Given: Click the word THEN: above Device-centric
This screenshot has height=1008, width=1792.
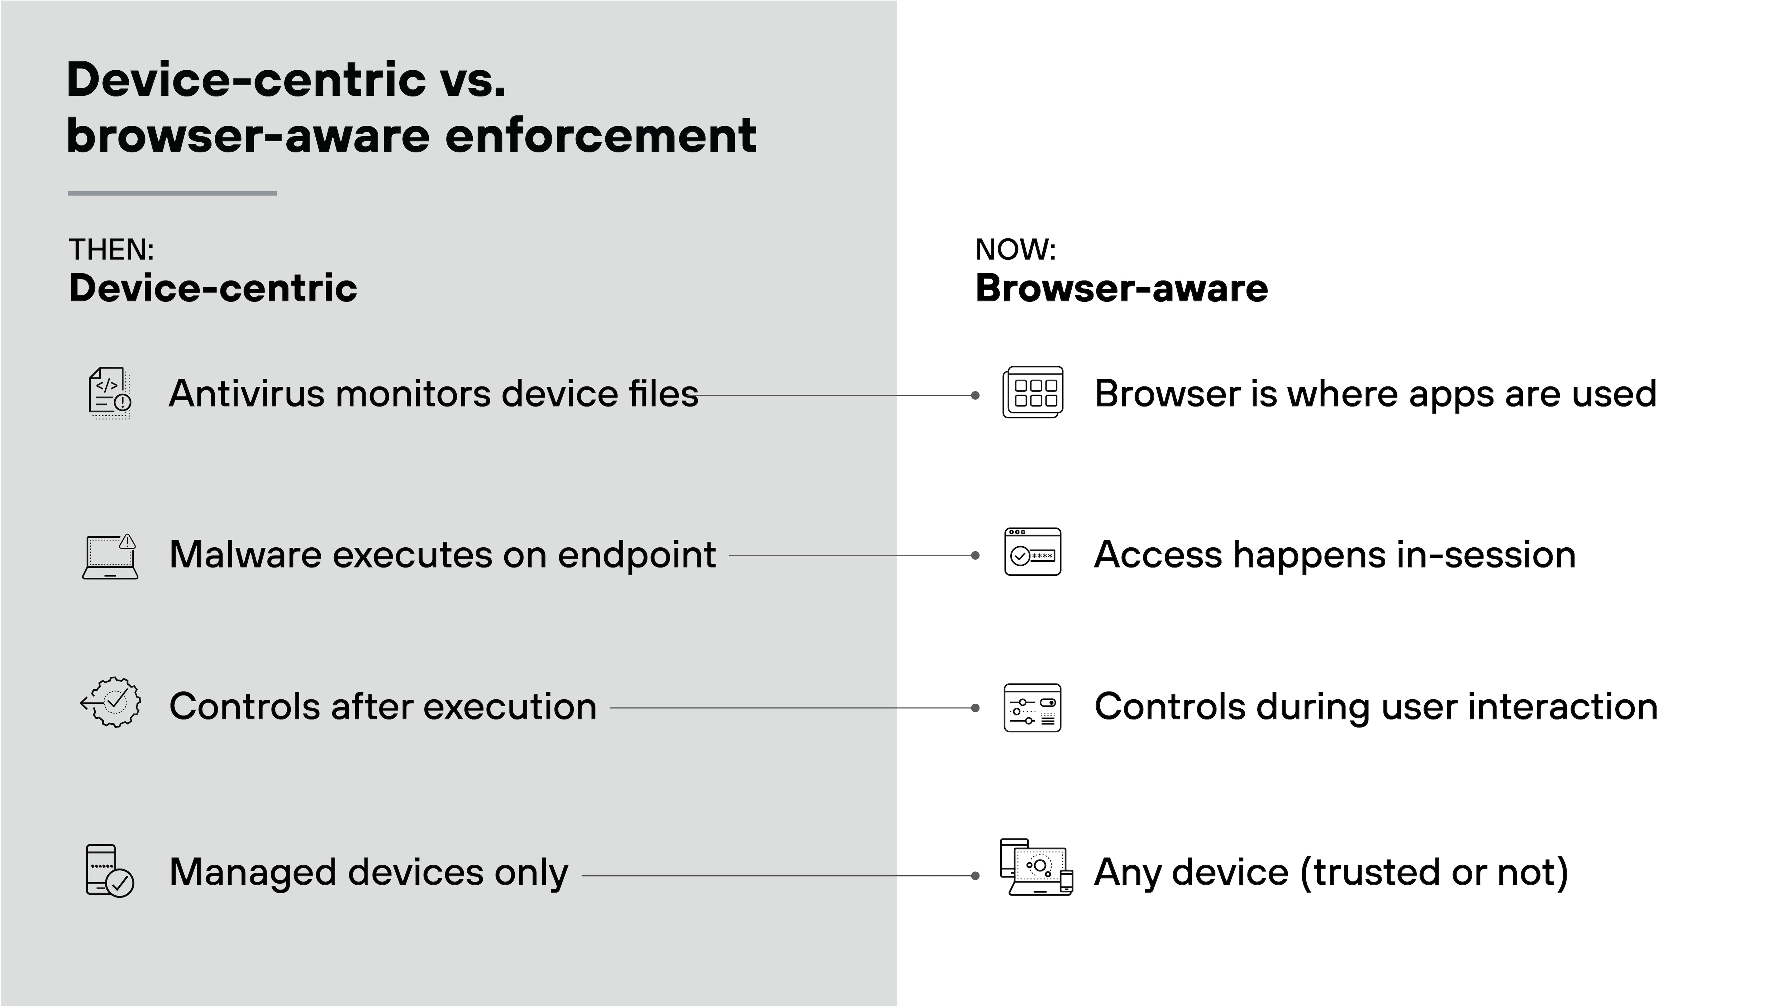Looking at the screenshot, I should pos(111,250).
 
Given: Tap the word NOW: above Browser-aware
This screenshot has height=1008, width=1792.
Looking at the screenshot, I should pos(1015,250).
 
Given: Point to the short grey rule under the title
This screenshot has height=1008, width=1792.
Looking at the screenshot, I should pos(172,194).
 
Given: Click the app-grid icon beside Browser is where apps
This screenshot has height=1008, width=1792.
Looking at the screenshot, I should pos(1033,393).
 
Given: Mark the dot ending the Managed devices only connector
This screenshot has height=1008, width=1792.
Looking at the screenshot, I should pos(975,876).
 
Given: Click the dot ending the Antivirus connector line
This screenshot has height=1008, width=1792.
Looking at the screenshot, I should pos(975,395).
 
